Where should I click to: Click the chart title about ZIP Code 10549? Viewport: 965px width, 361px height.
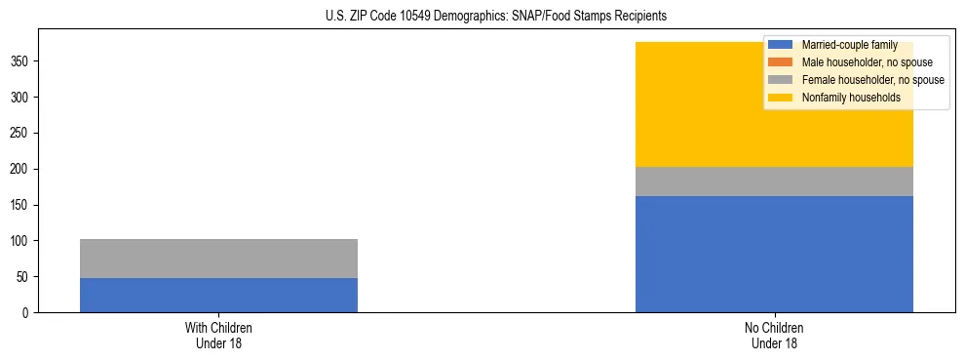pyautogui.click(x=496, y=17)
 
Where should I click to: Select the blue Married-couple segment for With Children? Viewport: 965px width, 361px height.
pyautogui.click(x=218, y=295)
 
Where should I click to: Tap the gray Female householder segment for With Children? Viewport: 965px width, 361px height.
pyautogui.click(x=218, y=259)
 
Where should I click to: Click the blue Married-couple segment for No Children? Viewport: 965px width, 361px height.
pyautogui.click(x=774, y=254)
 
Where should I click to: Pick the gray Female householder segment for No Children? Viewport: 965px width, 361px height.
pyautogui.click(x=774, y=181)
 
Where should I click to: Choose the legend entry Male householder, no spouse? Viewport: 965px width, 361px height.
pyautogui.click(x=859, y=62)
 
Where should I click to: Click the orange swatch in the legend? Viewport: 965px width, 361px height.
pyautogui.click(x=781, y=62)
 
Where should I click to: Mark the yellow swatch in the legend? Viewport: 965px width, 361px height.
pyautogui.click(x=781, y=98)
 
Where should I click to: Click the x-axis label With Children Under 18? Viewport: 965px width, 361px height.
pyautogui.click(x=218, y=335)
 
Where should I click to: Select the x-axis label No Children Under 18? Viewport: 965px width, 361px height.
pyautogui.click(x=774, y=335)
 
